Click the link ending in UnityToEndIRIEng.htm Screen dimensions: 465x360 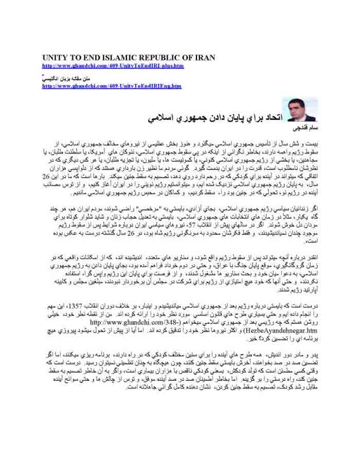click(x=112, y=86)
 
